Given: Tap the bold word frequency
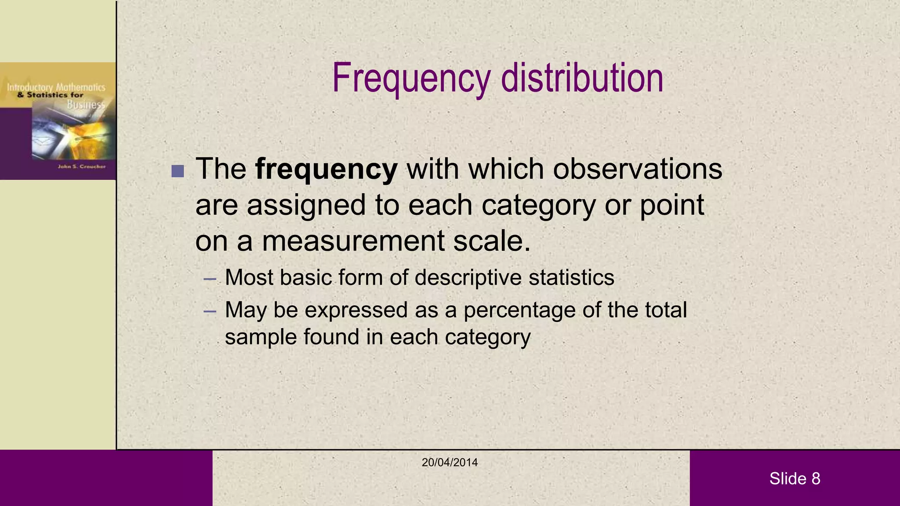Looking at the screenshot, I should (326, 169).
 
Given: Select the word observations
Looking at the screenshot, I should (637, 169).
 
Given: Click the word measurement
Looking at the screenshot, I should (353, 241).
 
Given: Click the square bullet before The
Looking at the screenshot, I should (178, 171).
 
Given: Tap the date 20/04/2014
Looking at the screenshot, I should (450, 462).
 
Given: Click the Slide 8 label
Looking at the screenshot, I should (795, 478).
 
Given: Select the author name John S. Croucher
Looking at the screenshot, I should (82, 166).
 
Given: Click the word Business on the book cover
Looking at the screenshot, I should (86, 105).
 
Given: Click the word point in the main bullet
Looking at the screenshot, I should (671, 206).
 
